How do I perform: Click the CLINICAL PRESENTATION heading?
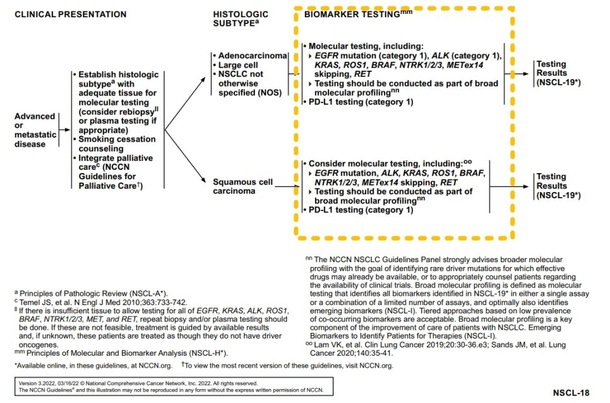coord(70,14)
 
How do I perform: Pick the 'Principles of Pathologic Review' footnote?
coord(92,293)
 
